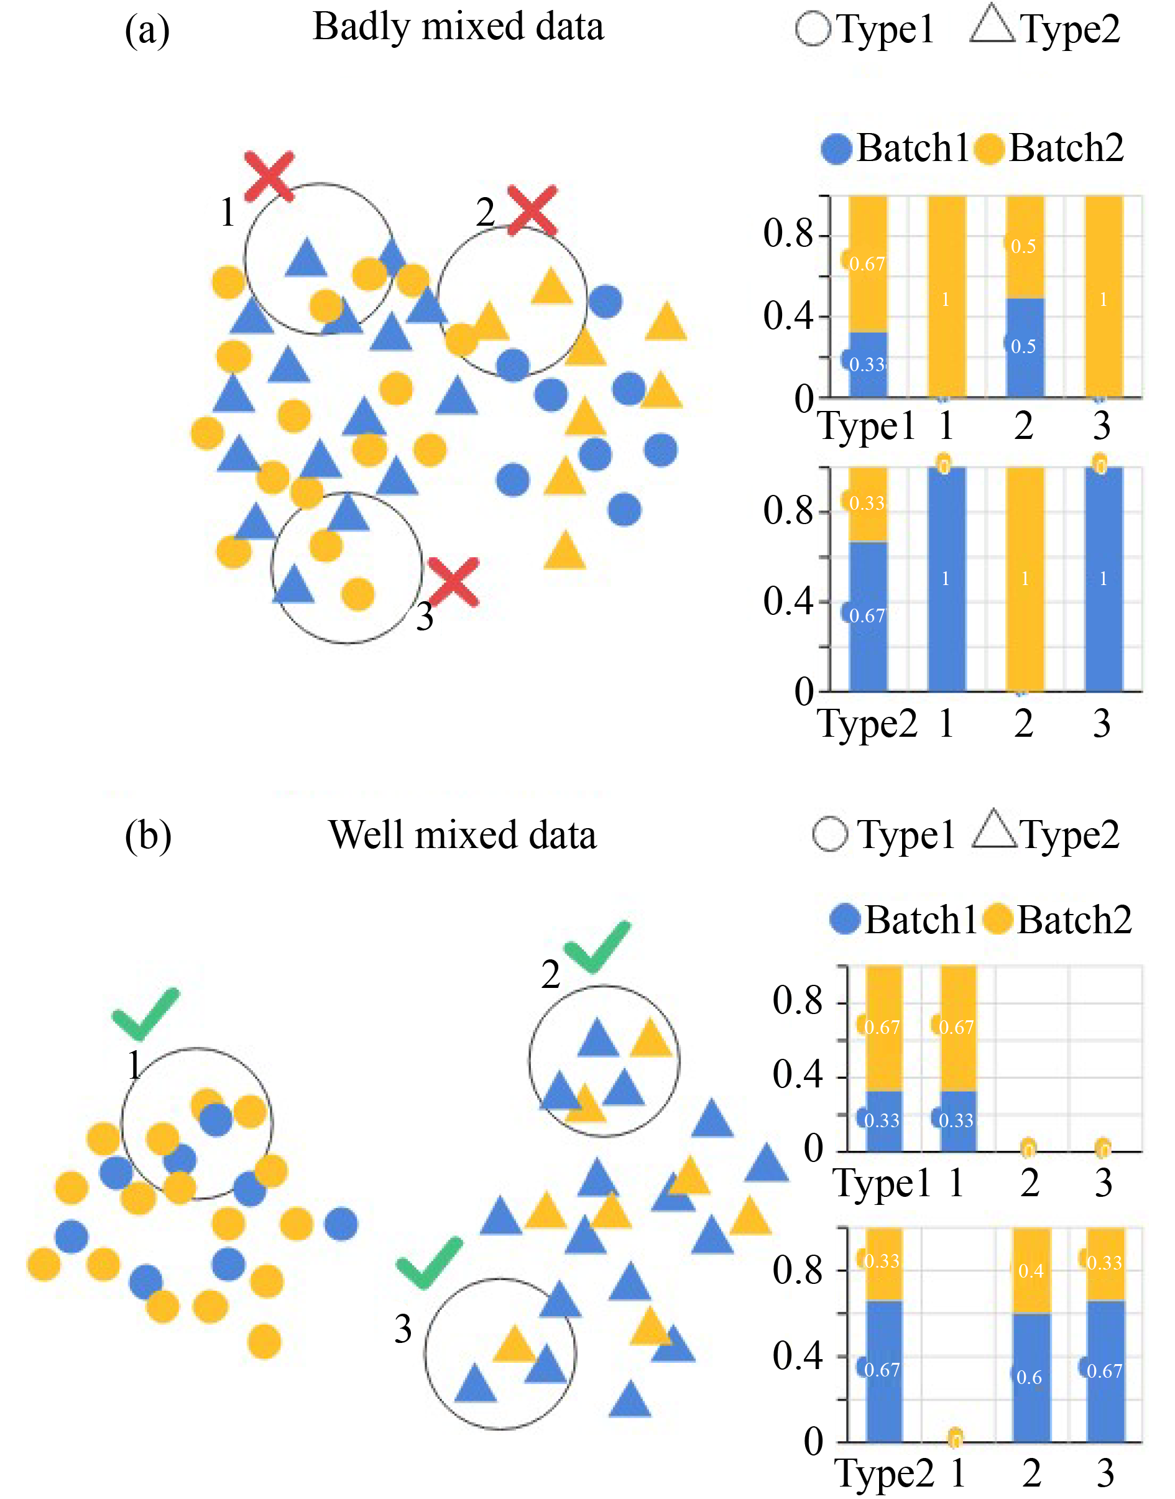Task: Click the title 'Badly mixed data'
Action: [458, 27]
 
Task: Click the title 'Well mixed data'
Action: [463, 835]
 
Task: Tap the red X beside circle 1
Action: [270, 176]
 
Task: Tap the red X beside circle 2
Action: [532, 210]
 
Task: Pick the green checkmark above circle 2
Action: [596, 948]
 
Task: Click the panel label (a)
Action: [147, 31]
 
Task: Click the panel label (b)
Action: [148, 836]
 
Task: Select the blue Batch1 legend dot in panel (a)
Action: [837, 149]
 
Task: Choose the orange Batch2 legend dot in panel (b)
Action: [998, 920]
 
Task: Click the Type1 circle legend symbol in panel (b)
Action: [830, 834]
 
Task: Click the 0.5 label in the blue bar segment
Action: [1023, 346]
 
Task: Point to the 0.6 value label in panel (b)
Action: [1029, 1377]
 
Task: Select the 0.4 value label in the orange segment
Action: [1031, 1271]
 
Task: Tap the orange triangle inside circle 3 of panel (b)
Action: [514, 1345]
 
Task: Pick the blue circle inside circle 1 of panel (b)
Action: [215, 1120]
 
